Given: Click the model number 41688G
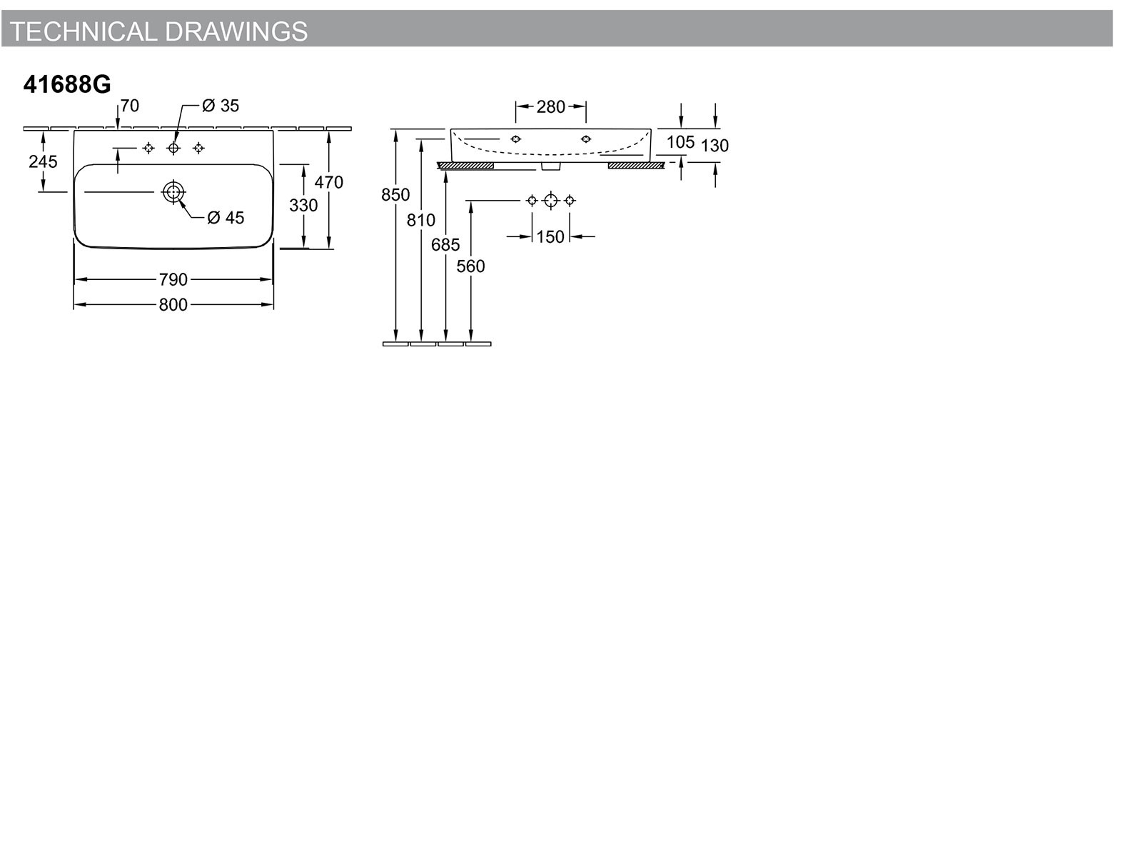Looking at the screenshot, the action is click(x=67, y=84).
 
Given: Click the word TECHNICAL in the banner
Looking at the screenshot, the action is click(x=84, y=31).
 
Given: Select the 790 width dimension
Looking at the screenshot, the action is click(x=173, y=280).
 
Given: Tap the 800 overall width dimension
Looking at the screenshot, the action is click(x=173, y=305).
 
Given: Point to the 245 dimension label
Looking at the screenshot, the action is click(x=44, y=162).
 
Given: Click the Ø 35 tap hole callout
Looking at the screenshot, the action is click(x=221, y=106).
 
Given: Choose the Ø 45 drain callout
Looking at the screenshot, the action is click(x=226, y=218).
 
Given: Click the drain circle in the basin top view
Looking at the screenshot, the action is click(x=173, y=192).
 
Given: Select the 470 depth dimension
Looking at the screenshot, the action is click(x=329, y=183).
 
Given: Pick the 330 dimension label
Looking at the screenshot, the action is click(x=303, y=206).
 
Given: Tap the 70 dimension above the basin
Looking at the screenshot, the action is click(x=130, y=106).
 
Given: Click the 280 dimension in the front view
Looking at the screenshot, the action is click(x=551, y=107).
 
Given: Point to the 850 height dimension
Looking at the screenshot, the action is click(x=395, y=195).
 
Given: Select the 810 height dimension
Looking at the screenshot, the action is click(x=421, y=221).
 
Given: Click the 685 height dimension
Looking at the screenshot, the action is click(x=445, y=244).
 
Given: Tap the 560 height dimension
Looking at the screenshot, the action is click(x=470, y=266).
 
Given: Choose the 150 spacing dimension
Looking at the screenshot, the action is click(x=550, y=237).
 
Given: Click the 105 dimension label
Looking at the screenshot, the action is click(x=680, y=142).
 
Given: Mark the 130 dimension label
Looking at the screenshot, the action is click(x=715, y=146).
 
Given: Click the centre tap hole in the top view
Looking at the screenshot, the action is click(x=173, y=149).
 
